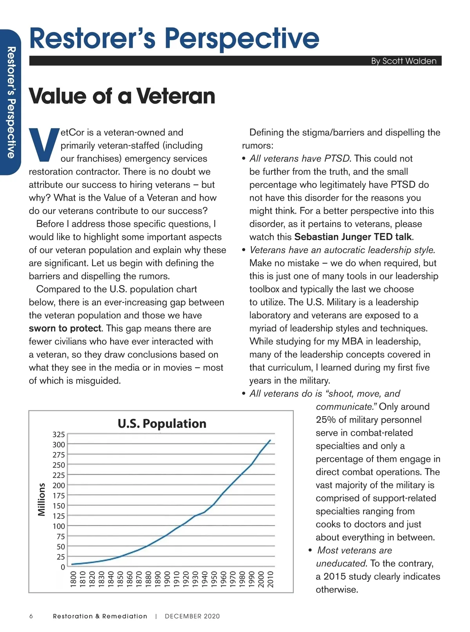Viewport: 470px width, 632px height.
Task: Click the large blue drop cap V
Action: (44, 145)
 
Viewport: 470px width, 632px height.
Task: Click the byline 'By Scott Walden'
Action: (403, 61)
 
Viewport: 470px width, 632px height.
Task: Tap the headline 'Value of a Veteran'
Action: (122, 96)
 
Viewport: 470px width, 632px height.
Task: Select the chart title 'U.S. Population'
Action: (162, 424)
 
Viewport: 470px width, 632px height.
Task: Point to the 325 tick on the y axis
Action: (59, 435)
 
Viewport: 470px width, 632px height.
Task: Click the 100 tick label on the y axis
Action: (59, 526)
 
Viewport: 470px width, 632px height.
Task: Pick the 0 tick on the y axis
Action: (63, 567)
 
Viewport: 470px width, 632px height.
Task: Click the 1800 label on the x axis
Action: (73, 579)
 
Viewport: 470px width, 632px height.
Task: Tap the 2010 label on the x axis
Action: (271, 579)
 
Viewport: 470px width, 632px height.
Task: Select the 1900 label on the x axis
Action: (167, 579)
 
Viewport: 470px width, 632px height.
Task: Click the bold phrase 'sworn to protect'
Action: (65, 328)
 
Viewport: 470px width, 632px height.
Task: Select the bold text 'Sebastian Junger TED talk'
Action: (353, 237)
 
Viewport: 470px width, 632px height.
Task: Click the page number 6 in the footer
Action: (31, 616)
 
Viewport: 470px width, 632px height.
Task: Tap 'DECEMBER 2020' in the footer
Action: (192, 616)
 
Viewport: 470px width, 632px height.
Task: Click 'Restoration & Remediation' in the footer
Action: (100, 616)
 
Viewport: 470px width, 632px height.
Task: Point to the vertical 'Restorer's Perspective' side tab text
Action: (11, 102)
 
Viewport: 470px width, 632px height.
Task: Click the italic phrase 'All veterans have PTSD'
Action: (300, 159)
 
